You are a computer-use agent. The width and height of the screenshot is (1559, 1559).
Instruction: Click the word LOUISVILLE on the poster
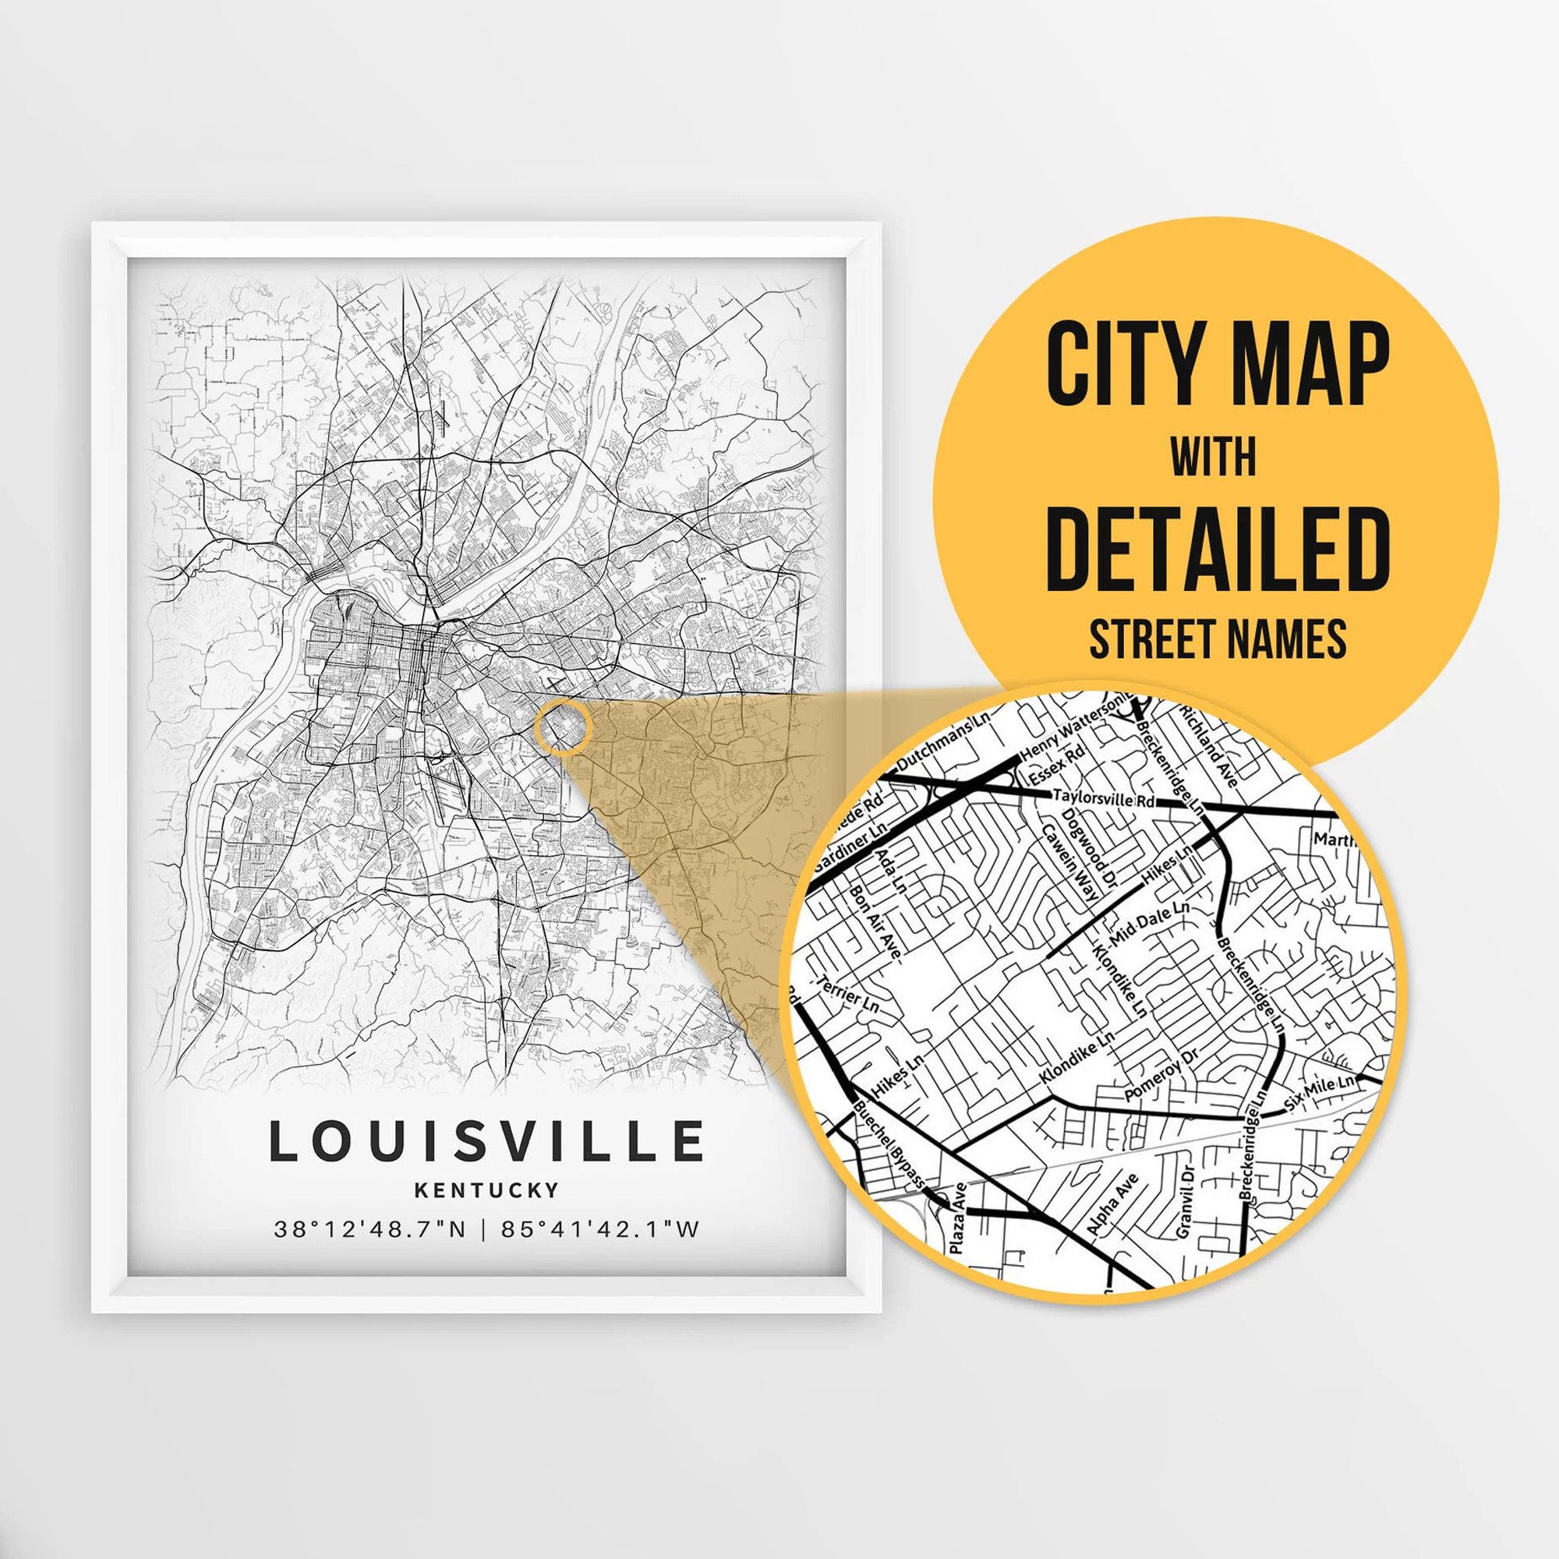click(x=486, y=1141)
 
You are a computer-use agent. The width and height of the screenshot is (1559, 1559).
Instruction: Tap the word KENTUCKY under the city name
click(x=486, y=1190)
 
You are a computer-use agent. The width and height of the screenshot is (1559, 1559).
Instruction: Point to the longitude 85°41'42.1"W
click(x=599, y=1230)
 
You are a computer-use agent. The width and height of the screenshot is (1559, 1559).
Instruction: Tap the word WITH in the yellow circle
click(x=1214, y=457)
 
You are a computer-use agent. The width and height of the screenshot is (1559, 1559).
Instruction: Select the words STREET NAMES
click(x=1218, y=640)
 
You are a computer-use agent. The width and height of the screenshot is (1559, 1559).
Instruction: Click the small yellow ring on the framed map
click(x=564, y=727)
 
